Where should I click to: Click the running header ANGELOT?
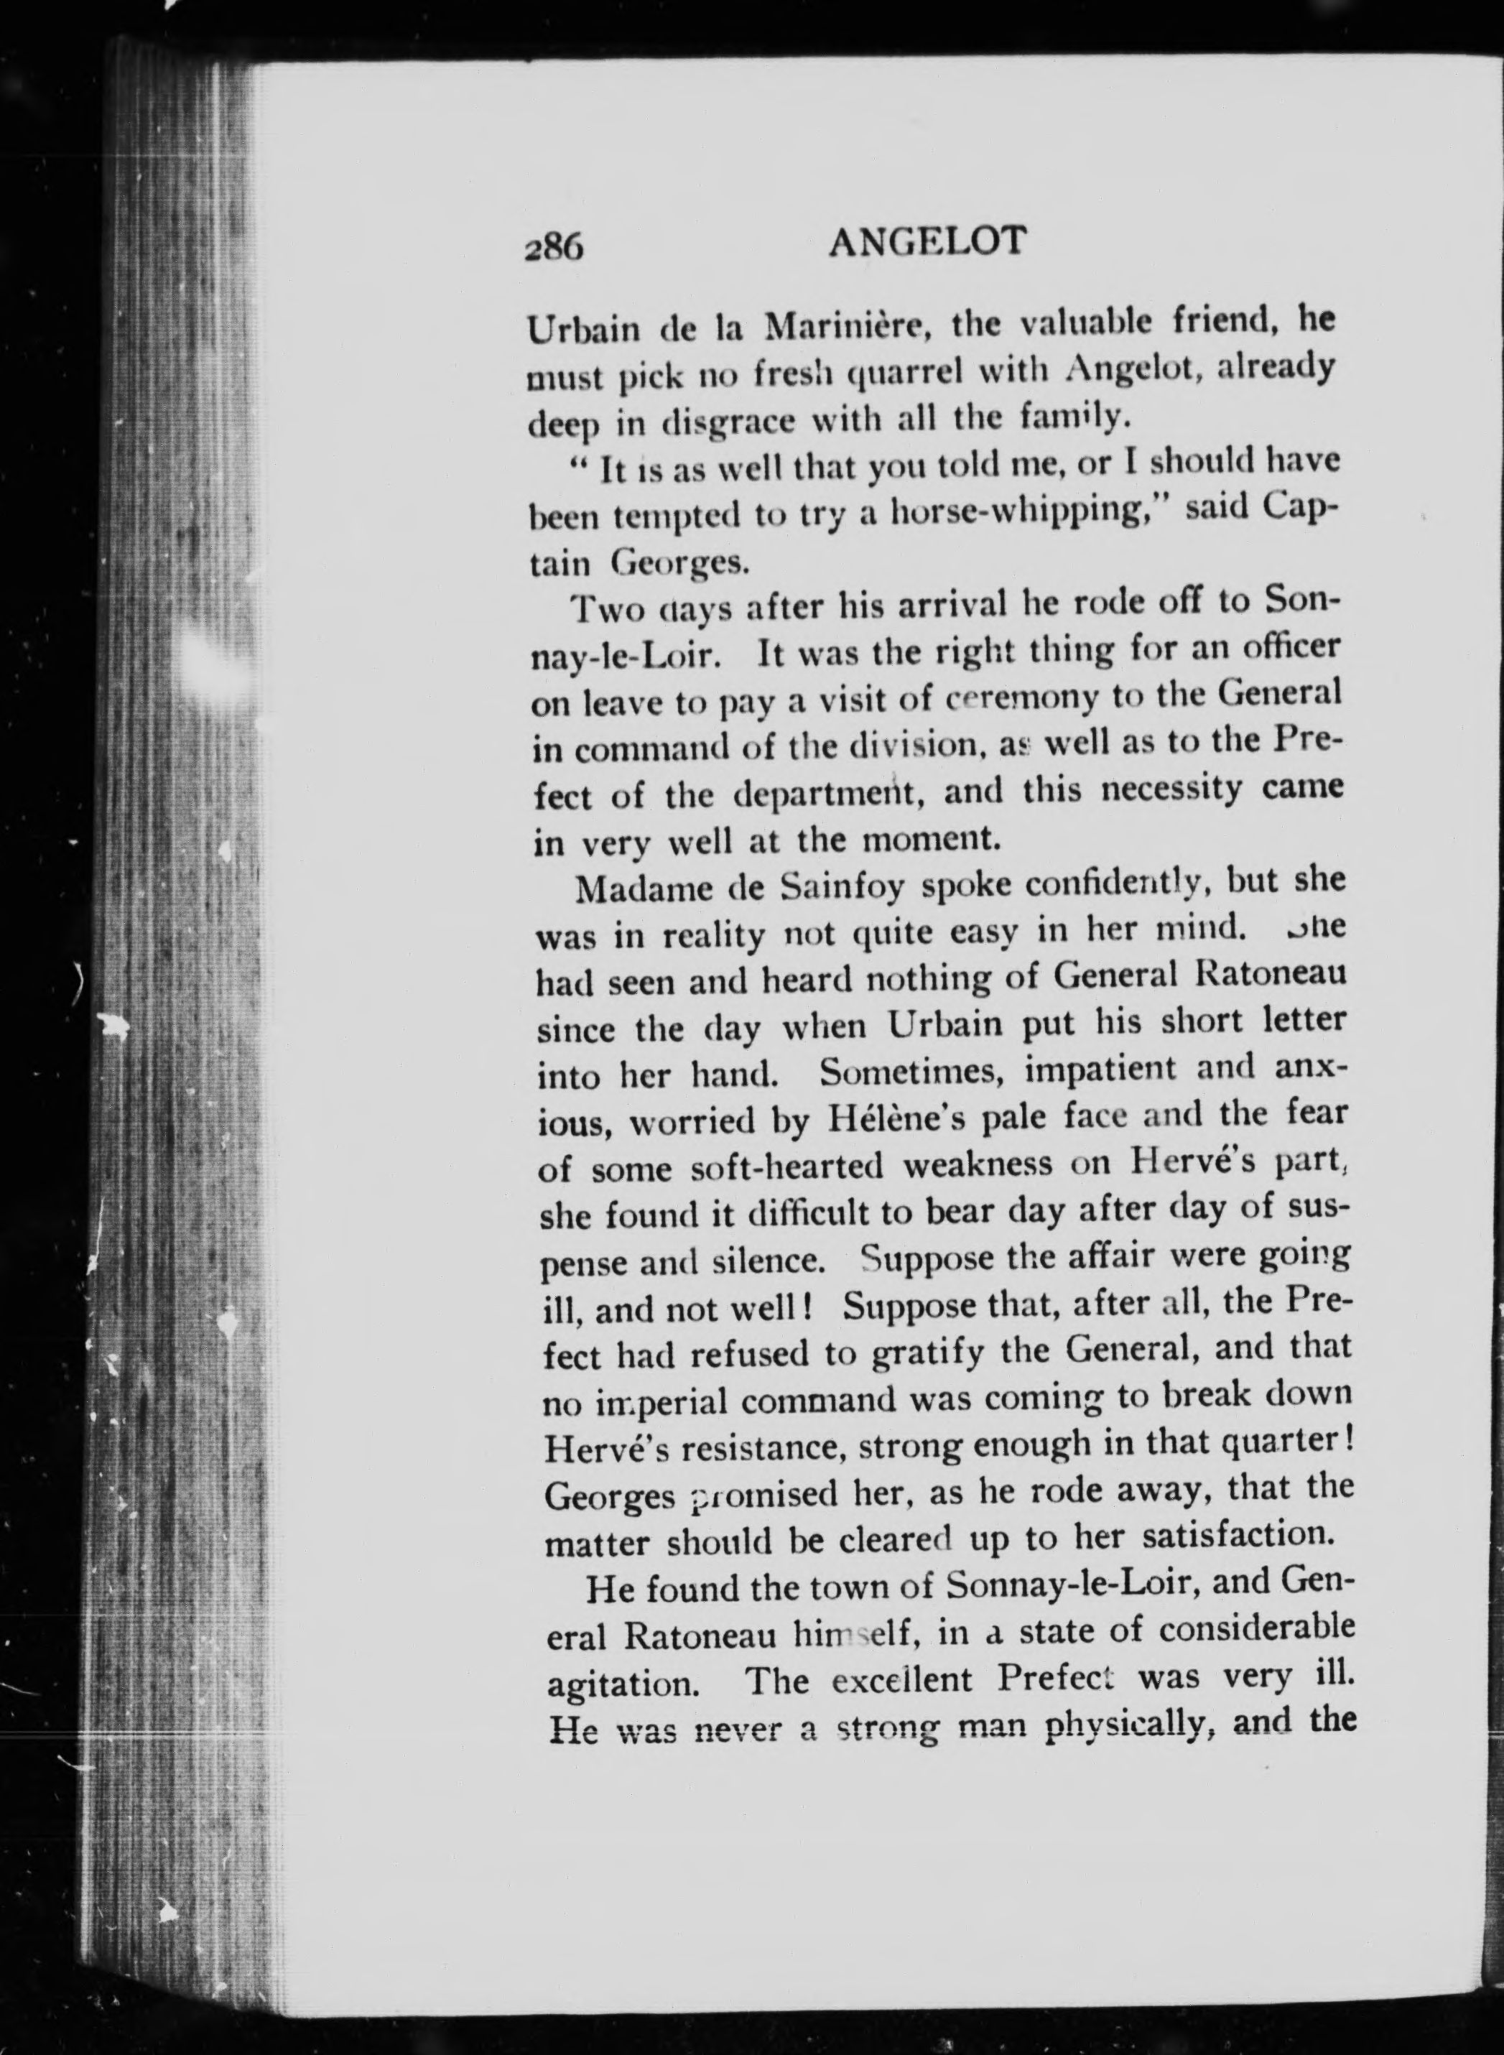pyautogui.click(x=928, y=242)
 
